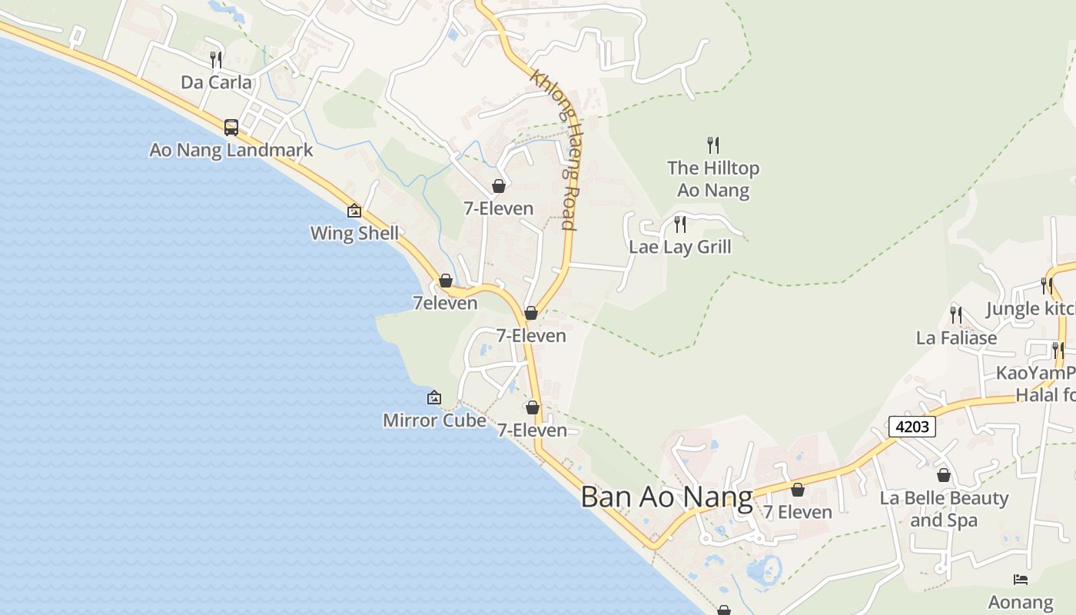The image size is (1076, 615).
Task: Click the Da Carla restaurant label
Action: pos(216,82)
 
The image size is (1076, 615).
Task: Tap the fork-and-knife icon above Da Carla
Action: pos(216,59)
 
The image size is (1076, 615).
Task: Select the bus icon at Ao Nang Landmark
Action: pos(231,127)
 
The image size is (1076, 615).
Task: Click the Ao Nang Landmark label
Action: pos(231,150)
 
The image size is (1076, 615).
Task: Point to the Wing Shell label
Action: pos(354,233)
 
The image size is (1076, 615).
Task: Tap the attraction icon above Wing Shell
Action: pos(354,210)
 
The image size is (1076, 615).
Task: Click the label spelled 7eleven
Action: pos(445,303)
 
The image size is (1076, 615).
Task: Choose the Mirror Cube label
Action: pos(434,421)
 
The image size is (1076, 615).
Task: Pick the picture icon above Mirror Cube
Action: pos(434,397)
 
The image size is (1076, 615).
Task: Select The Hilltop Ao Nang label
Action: pos(713,178)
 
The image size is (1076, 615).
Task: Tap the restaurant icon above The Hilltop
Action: pos(713,144)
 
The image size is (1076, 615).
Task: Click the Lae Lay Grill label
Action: pos(680,247)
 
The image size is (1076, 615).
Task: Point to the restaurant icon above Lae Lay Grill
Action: pos(680,224)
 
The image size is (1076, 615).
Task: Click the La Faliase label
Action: pos(956,337)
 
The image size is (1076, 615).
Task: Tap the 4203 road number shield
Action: pos(912,426)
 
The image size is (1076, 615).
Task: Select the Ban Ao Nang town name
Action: pos(666,497)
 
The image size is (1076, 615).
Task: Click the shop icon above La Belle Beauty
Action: pos(944,475)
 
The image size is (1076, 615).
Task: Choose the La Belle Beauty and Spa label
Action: pos(944,509)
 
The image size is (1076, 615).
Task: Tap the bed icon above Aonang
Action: pos(1021,580)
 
